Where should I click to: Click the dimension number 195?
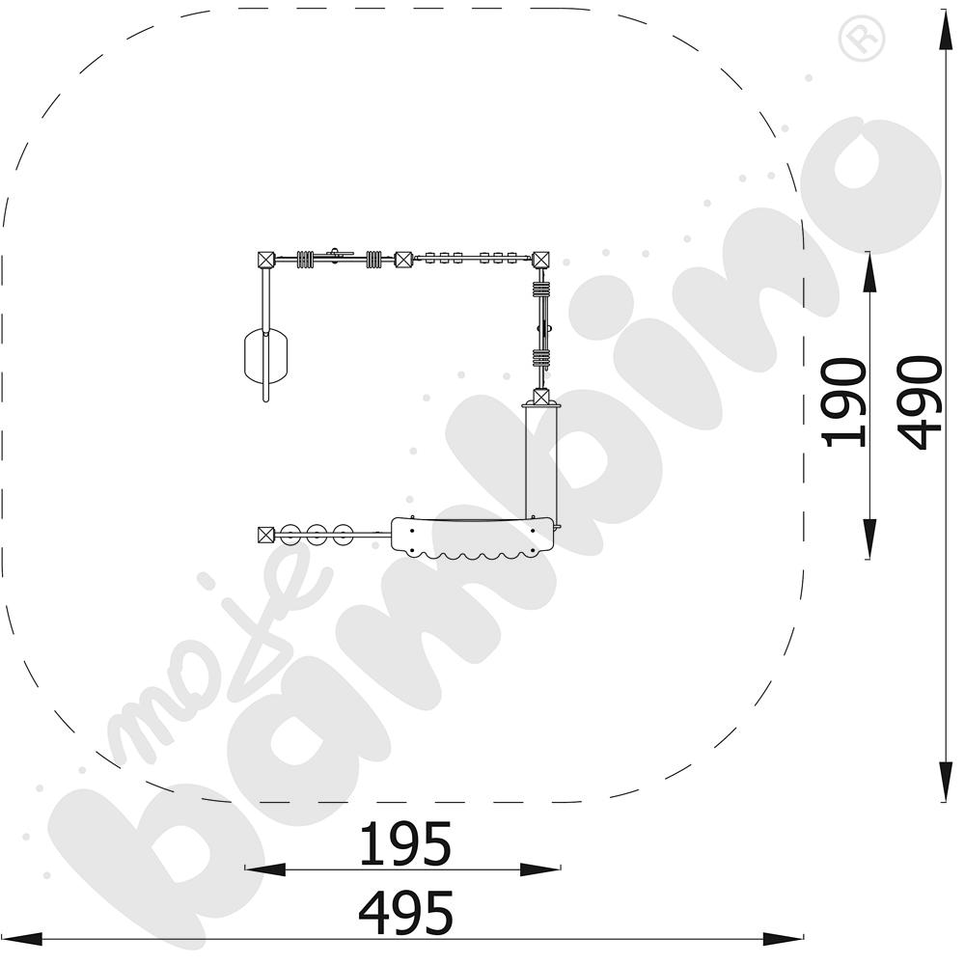coord(405,843)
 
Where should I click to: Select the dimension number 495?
coord(406,912)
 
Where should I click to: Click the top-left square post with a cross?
coord(265,260)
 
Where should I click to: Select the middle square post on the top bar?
coord(403,260)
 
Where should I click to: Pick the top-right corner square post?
coord(541,260)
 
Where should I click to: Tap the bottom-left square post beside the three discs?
coord(265,535)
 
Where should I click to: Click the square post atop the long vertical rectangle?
coord(541,397)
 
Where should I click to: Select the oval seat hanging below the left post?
coord(266,357)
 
